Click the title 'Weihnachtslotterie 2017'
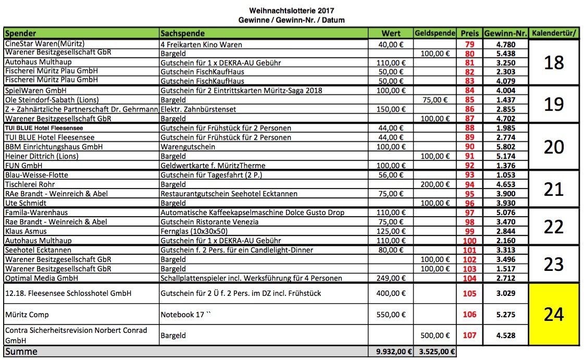coord(291,10)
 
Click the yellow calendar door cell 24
coord(553,314)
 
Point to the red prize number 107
coord(469,335)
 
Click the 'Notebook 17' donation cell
coord(182,315)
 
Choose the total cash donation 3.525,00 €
coord(435,352)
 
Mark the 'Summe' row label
coord(21,352)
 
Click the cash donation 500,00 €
coord(435,335)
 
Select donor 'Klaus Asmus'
coord(26,231)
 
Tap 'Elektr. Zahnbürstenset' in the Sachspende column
coord(198,109)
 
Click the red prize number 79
coord(469,44)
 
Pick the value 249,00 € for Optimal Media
coord(391,278)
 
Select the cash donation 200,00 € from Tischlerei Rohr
coord(435,184)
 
